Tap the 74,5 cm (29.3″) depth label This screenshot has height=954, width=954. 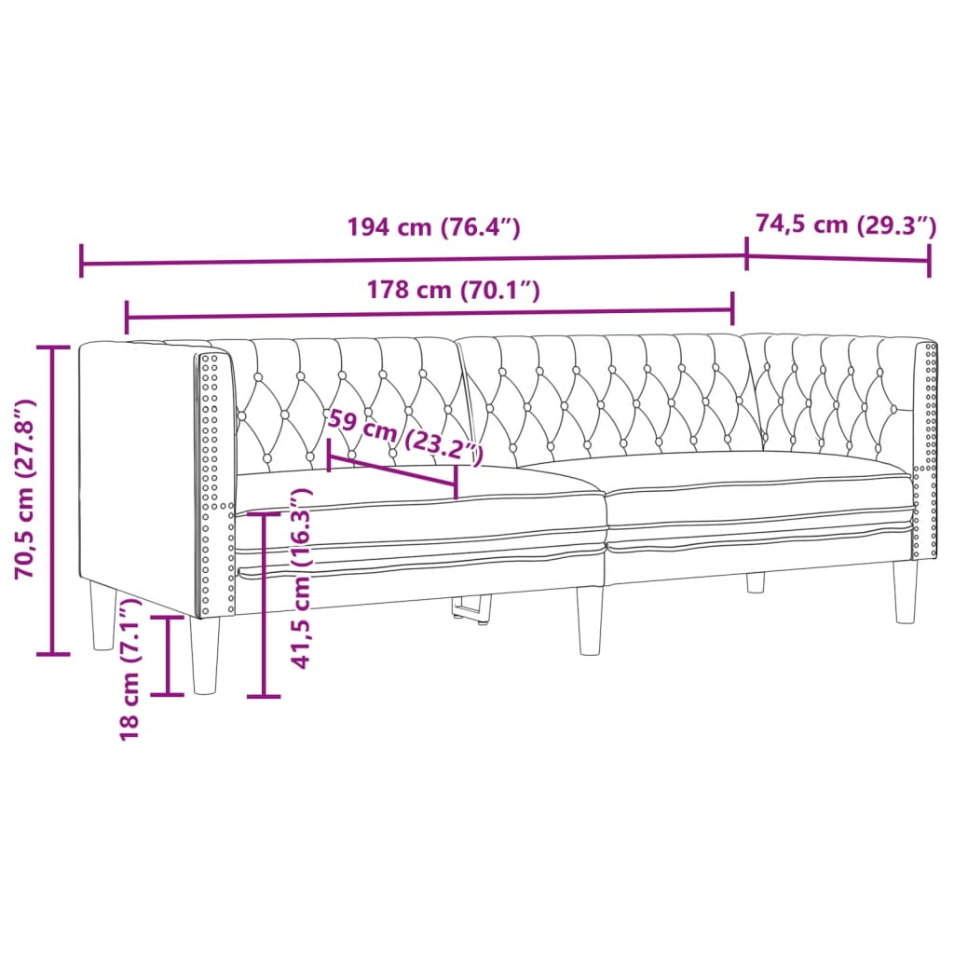click(844, 225)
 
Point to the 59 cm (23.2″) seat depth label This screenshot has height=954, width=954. click(405, 434)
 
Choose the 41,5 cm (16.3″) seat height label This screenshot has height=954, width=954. click(300, 578)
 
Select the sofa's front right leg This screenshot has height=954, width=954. click(905, 592)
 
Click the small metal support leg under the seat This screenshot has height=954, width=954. click(473, 609)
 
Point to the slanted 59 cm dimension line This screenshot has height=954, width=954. click(392, 470)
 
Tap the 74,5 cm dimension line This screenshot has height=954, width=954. click(838, 257)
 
